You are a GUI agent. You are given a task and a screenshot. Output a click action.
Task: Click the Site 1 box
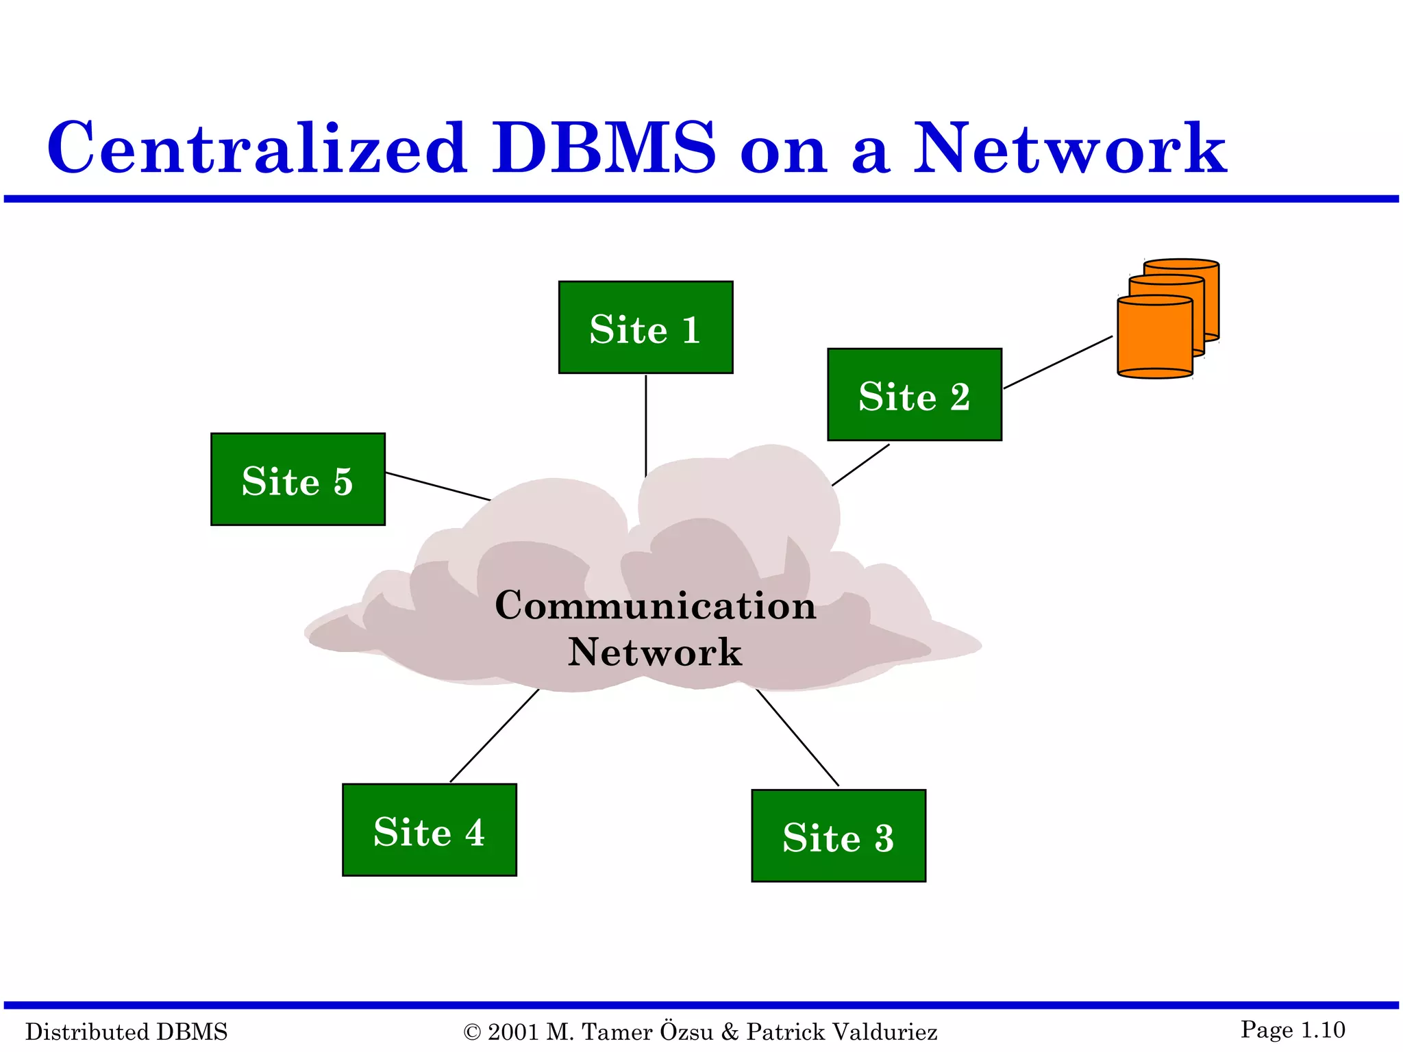coord(645,327)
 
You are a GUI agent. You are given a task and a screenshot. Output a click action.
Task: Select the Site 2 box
coord(914,394)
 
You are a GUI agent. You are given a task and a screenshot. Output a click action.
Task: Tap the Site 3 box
coord(838,836)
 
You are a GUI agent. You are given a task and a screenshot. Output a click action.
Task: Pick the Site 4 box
coord(429,830)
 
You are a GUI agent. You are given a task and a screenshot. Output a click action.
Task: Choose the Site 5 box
coord(297,479)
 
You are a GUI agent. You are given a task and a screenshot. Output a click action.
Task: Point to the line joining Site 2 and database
coord(1058,362)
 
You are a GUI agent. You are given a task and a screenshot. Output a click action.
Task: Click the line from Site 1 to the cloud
coord(645,425)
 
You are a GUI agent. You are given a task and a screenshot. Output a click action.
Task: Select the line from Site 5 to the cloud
coord(437,486)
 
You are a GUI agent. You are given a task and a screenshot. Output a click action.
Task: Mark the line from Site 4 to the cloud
coord(494,736)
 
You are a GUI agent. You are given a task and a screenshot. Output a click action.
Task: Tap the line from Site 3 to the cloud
coord(797,738)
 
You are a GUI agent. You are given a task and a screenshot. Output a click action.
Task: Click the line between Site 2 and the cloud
coord(860,465)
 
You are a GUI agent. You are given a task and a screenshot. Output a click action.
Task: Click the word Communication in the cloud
coord(655,605)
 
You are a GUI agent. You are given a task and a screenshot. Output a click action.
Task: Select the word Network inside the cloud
coord(654,652)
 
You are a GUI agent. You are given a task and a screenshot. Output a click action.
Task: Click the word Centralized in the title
coord(257,148)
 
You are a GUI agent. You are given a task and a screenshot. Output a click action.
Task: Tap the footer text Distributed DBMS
coord(126,1031)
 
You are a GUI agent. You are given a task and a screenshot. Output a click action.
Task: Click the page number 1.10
coord(1322,1029)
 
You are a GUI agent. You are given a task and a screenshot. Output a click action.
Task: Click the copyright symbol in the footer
coord(472,1032)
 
